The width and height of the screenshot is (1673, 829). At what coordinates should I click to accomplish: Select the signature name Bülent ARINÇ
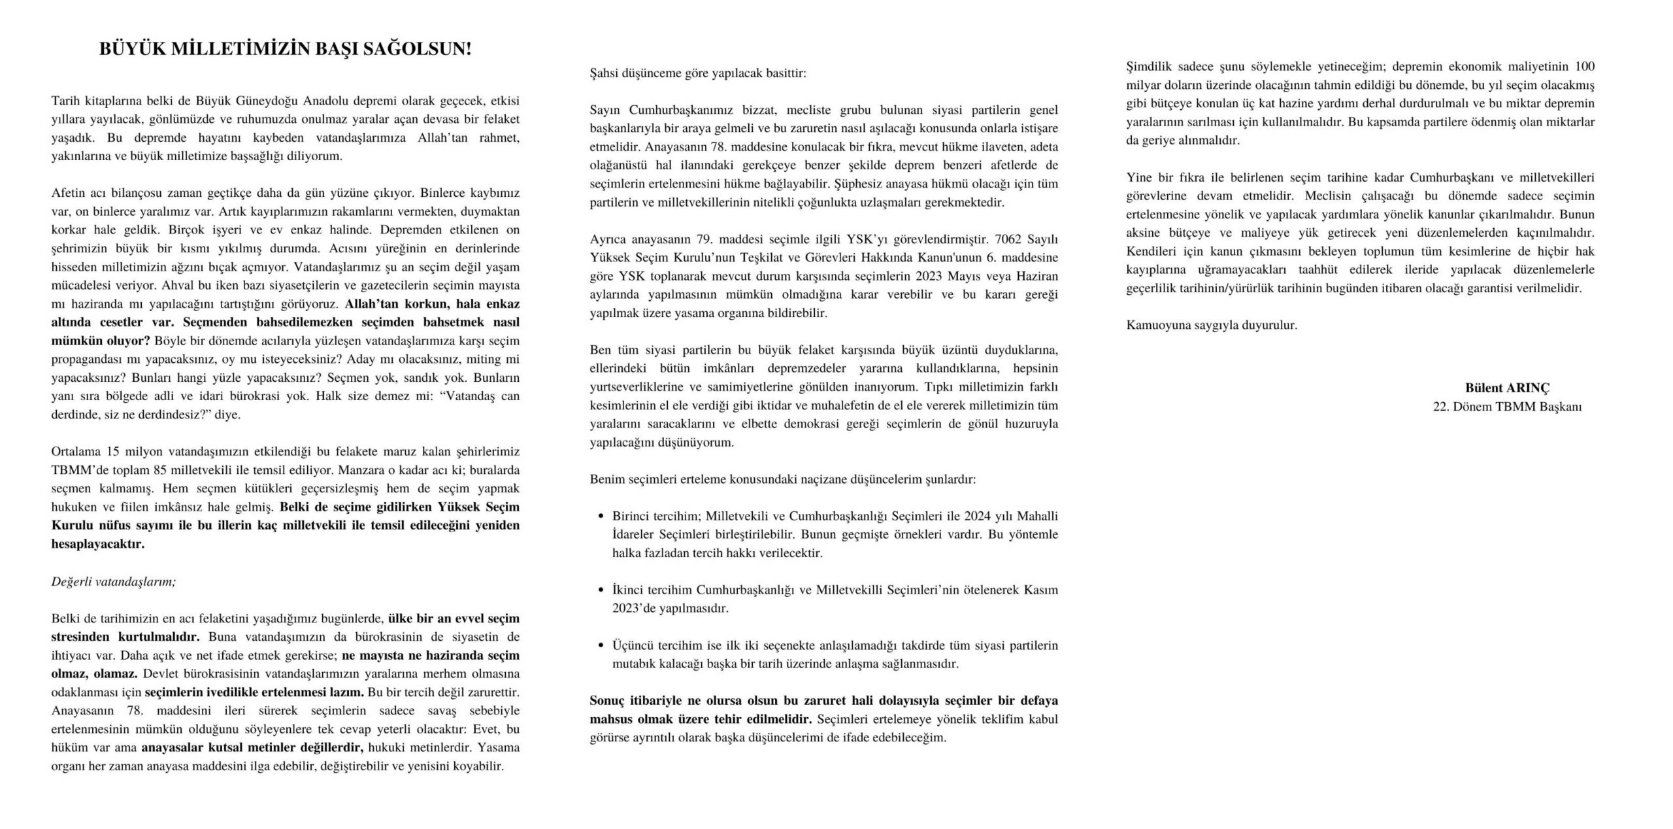1507,388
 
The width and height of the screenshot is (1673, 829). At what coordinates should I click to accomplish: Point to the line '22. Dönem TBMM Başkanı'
1507,407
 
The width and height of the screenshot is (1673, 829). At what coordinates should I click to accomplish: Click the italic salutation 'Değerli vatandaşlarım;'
114,581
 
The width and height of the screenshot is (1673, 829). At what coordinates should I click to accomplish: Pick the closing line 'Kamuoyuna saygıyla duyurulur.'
1212,325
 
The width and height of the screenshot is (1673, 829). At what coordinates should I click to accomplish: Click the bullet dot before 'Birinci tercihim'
601,516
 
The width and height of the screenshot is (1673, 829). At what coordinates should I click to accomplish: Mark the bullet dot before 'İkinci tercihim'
601,590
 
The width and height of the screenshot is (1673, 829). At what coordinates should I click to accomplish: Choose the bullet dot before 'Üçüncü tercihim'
601,646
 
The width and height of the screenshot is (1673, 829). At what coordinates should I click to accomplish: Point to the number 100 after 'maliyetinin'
1585,67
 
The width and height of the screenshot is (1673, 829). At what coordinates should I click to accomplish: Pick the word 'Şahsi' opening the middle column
604,73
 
